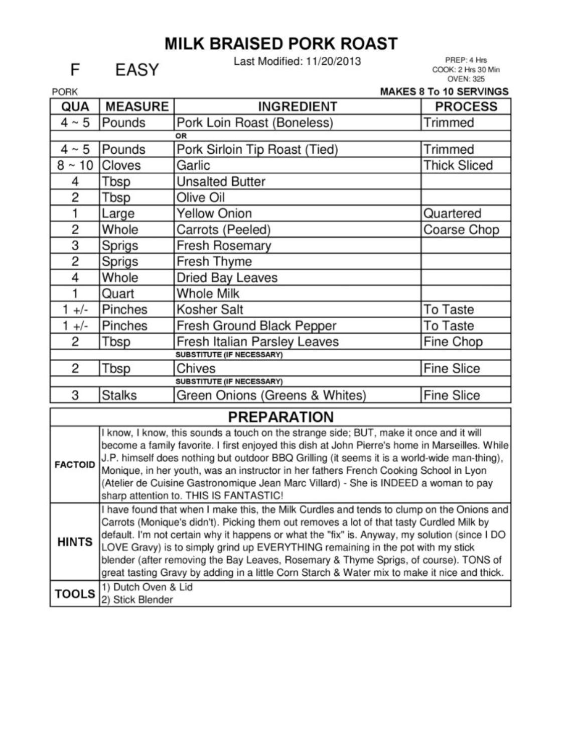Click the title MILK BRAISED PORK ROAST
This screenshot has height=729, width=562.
pyautogui.click(x=281, y=44)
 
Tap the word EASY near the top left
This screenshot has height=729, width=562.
pyautogui.click(x=136, y=70)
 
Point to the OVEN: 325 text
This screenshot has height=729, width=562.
pyautogui.click(x=466, y=79)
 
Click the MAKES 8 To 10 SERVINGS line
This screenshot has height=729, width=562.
pyautogui.click(x=444, y=91)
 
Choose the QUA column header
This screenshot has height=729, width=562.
pyautogui.click(x=75, y=107)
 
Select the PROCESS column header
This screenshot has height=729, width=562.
pyautogui.click(x=466, y=107)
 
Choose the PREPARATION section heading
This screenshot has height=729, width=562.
pyautogui.click(x=280, y=417)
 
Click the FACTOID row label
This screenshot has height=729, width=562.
pyautogui.click(x=75, y=465)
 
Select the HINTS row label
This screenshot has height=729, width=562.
pyautogui.click(x=75, y=542)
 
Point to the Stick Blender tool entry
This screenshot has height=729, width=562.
pyautogui.click(x=137, y=600)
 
